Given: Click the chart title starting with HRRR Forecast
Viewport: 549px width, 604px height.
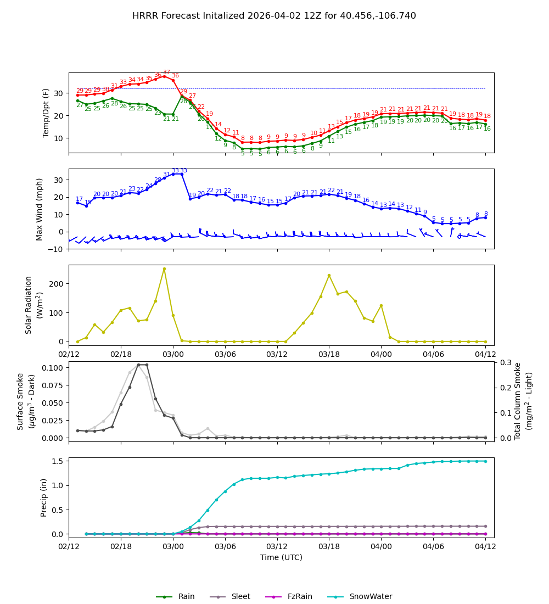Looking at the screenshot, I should [274, 16].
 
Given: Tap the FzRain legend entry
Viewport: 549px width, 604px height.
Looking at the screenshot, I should [293, 597].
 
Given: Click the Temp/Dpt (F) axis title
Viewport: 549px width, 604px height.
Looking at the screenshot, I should [46, 113].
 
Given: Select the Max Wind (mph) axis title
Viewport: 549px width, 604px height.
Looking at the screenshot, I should [40, 209].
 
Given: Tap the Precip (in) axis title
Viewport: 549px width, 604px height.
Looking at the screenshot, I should [44, 497].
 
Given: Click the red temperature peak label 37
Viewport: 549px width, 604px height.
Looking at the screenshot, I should [166, 72].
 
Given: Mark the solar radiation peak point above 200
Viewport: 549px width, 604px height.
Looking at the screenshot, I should [164, 269].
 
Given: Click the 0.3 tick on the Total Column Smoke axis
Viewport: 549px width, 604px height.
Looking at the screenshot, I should [503, 362].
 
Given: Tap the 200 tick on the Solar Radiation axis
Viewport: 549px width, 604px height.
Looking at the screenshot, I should [57, 284].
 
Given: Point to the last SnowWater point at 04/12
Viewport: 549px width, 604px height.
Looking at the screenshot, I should [485, 461].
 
